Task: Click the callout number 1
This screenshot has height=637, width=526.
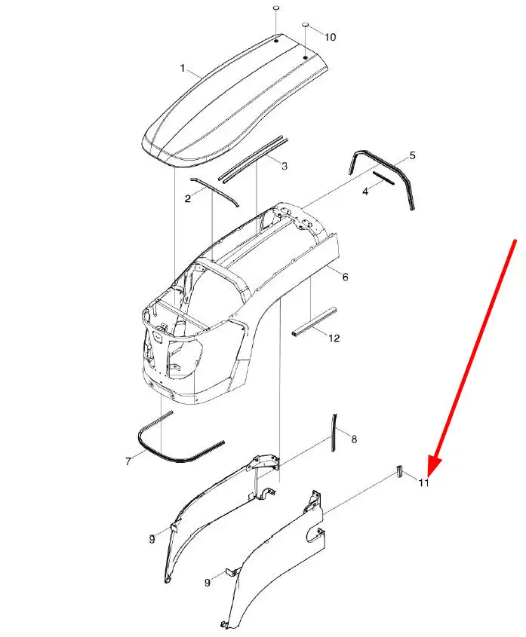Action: point(183,69)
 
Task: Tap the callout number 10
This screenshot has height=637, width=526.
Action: point(331,37)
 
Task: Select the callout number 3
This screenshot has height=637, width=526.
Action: point(285,166)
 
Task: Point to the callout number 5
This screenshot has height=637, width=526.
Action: point(413,155)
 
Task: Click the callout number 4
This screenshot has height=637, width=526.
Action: point(365,191)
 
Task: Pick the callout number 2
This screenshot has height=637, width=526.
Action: point(188,199)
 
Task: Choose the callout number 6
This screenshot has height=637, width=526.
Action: point(345,277)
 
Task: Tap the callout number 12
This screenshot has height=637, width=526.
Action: point(334,338)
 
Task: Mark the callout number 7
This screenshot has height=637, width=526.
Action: point(128,461)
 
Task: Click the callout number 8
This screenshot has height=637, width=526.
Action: point(354,439)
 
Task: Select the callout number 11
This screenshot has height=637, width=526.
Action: point(424,482)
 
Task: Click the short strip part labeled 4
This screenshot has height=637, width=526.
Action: point(383,178)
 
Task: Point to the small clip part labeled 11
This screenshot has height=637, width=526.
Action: point(399,471)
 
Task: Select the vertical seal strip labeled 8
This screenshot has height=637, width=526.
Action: point(334,433)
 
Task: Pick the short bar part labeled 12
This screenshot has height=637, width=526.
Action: point(314,322)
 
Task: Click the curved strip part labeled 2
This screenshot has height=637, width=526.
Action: point(214,191)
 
